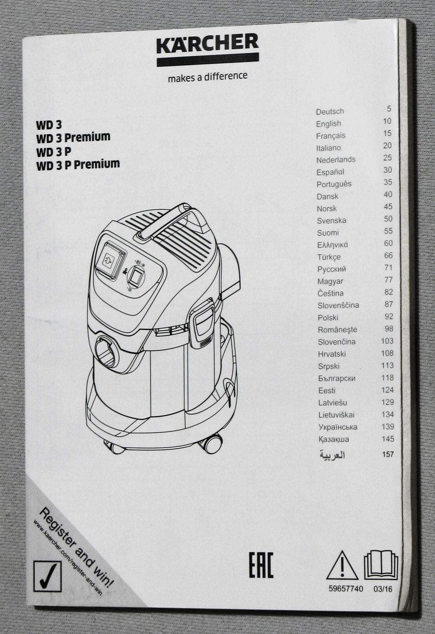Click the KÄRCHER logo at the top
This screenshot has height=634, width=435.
coord(208,50)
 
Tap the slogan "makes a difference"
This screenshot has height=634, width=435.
coord(207,77)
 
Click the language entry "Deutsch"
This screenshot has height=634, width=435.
coord(330,111)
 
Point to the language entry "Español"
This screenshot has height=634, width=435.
coord(330,172)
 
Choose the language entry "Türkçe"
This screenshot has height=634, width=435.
coord(329,257)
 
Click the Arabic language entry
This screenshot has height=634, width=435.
coord(332,455)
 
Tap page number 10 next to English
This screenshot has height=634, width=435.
coord(387,121)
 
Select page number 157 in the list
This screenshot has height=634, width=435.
coord(388,454)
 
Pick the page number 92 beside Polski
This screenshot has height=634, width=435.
coord(389,316)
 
